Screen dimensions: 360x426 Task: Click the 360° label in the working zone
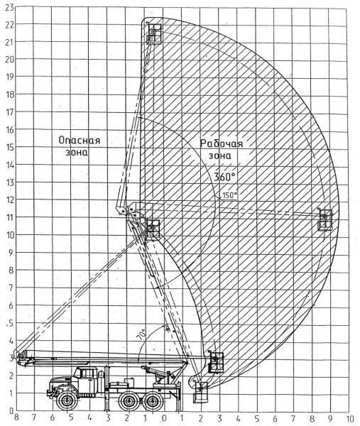click(224, 177)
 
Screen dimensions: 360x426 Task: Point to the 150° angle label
click(229, 195)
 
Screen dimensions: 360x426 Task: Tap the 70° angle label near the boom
click(142, 334)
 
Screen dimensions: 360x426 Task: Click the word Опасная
click(80, 141)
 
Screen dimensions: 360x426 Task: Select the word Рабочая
click(221, 143)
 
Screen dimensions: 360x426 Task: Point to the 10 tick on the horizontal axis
click(350, 418)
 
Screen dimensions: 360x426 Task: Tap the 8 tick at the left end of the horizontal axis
click(16, 417)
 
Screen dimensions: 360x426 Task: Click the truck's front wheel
click(66, 400)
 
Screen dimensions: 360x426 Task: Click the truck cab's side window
click(87, 373)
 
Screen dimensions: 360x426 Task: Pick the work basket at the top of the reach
click(154, 33)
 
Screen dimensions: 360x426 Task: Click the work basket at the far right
click(325, 219)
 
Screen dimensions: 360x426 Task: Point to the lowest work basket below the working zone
click(201, 392)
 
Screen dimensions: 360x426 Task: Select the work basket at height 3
click(216, 362)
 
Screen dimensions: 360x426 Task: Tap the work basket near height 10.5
click(153, 229)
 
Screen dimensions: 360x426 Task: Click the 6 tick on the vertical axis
click(11, 305)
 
